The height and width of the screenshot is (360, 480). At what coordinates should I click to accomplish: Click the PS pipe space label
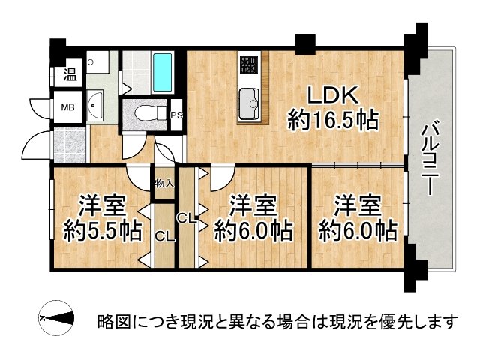(x=177, y=115)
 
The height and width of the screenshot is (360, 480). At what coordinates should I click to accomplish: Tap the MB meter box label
(x=68, y=107)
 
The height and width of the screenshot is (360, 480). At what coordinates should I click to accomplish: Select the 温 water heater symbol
(x=69, y=74)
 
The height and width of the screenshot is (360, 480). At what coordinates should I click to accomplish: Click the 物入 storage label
(x=163, y=184)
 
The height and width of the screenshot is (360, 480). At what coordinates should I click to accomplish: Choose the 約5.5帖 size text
(x=103, y=230)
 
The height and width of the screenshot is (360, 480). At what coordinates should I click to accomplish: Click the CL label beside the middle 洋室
(x=187, y=218)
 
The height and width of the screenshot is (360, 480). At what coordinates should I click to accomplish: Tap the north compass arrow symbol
(x=56, y=319)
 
